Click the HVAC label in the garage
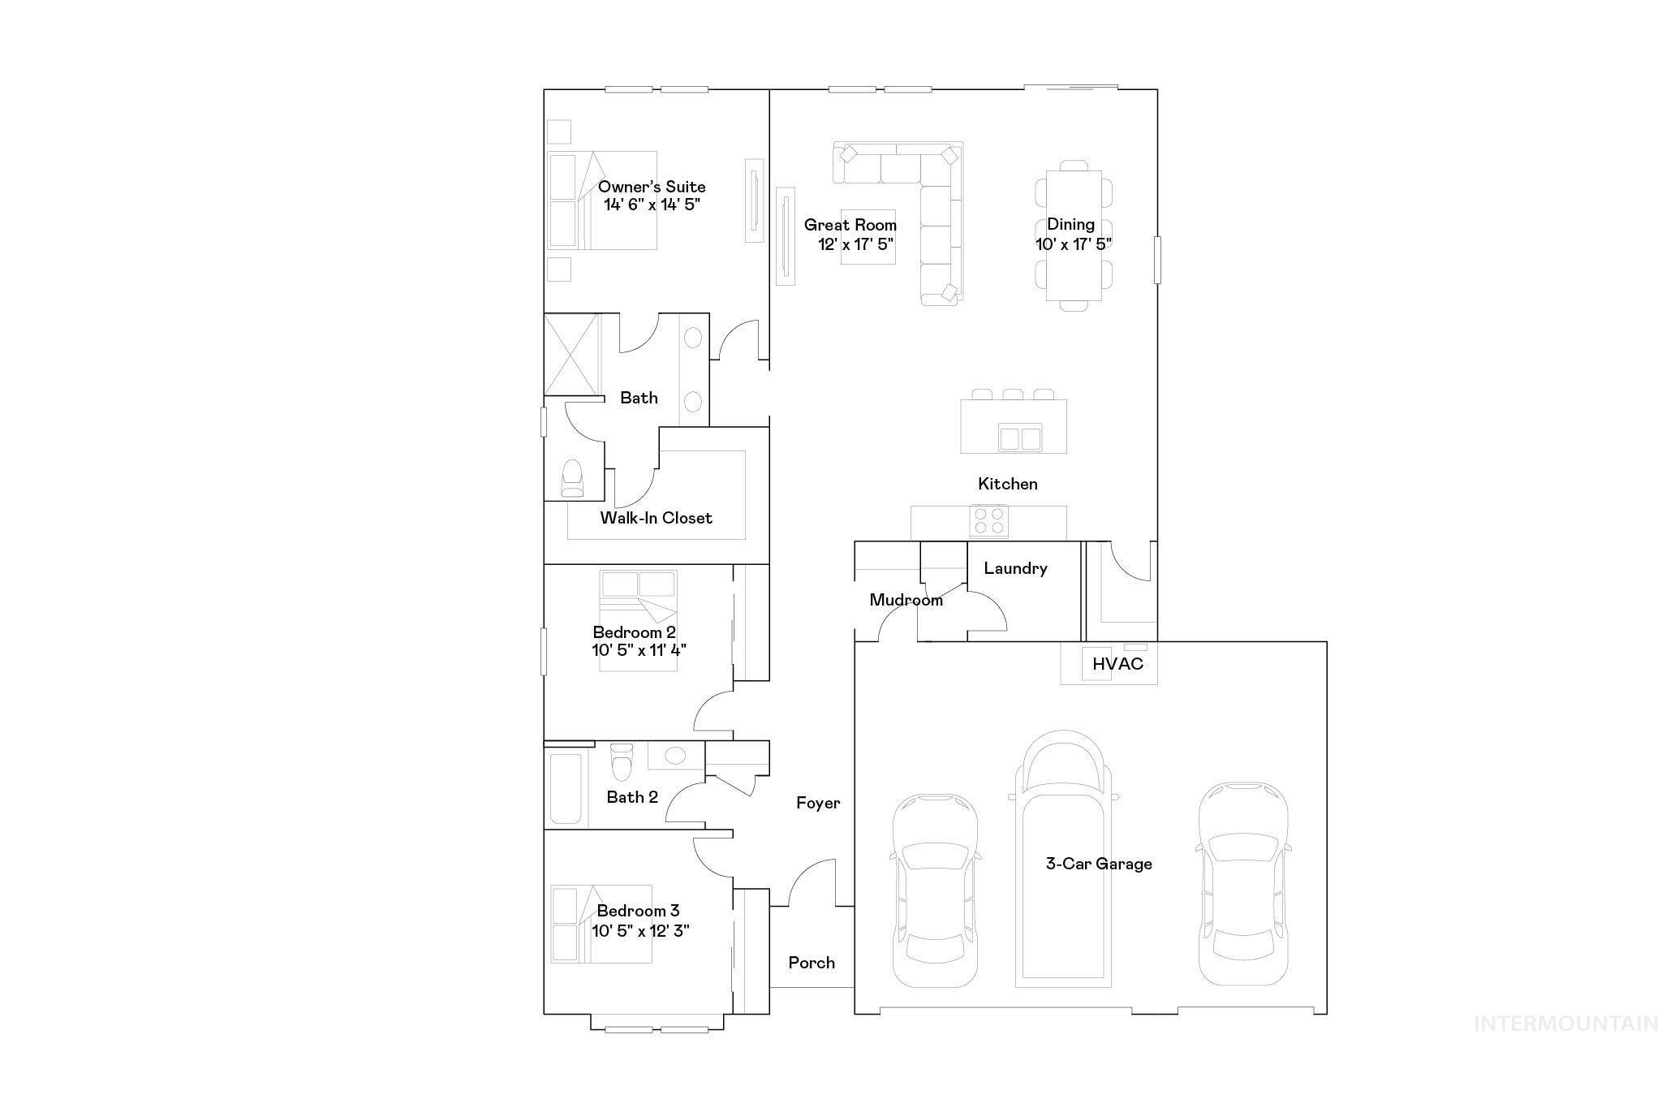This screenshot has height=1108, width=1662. click(1117, 664)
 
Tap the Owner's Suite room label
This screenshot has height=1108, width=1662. click(652, 187)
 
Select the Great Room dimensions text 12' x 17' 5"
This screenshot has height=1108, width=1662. click(855, 244)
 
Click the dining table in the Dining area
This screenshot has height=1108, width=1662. click(1073, 235)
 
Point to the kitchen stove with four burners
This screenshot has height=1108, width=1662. click(989, 520)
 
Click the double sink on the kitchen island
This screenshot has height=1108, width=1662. click(1020, 438)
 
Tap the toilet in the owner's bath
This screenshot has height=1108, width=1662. click(573, 479)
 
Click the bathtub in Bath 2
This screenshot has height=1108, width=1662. click(566, 789)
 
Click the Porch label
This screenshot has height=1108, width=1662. click(812, 963)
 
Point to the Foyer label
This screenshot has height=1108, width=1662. click(818, 804)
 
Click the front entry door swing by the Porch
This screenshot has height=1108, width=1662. click(812, 885)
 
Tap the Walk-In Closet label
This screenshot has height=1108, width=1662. click(656, 518)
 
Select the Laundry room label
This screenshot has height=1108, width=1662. click(1015, 568)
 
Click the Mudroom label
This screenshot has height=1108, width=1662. click(906, 600)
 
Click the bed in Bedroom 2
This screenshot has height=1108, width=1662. click(638, 621)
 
